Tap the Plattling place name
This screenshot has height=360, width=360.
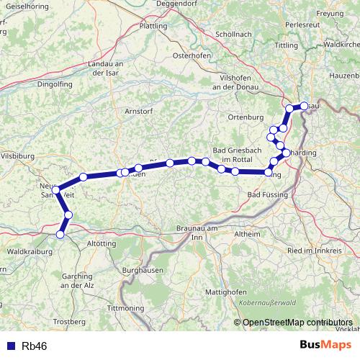152,26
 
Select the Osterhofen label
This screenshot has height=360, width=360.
191,55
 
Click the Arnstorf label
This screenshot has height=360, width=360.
138,111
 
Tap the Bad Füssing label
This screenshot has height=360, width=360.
268,195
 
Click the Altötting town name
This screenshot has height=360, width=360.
101,245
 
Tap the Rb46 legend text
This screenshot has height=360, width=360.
35,346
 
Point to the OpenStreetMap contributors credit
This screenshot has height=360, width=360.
297,322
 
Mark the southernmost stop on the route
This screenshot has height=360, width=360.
60,234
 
